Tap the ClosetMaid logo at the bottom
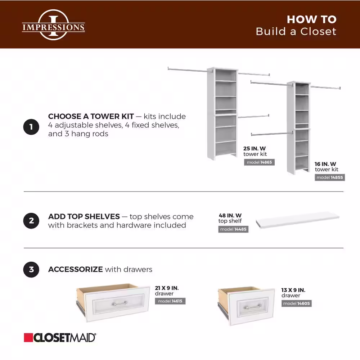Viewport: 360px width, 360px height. pyautogui.click(x=60, y=337)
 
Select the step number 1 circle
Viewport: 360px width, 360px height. pyautogui.click(x=31, y=127)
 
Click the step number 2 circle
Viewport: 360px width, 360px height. pyautogui.click(x=31, y=221)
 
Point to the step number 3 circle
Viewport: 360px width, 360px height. pyautogui.click(x=31, y=269)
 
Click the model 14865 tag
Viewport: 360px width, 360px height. pyautogui.click(x=259, y=162)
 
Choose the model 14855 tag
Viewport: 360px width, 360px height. pyautogui.click(x=330, y=177)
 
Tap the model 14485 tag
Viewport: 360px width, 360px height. pyautogui.click(x=233, y=229)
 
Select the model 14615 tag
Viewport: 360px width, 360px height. pyautogui.click(x=170, y=301)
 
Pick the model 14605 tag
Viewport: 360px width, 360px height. pyautogui.click(x=296, y=303)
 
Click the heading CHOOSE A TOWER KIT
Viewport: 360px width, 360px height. pyautogui.click(x=91, y=117)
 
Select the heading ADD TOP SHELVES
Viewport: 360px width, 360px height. pyautogui.click(x=84, y=217)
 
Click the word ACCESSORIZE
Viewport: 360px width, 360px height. pyautogui.click(x=76, y=269)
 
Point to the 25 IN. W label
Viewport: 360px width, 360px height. pyautogui.click(x=255, y=148)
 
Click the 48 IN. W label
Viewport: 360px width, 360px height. pyautogui.click(x=230, y=216)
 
